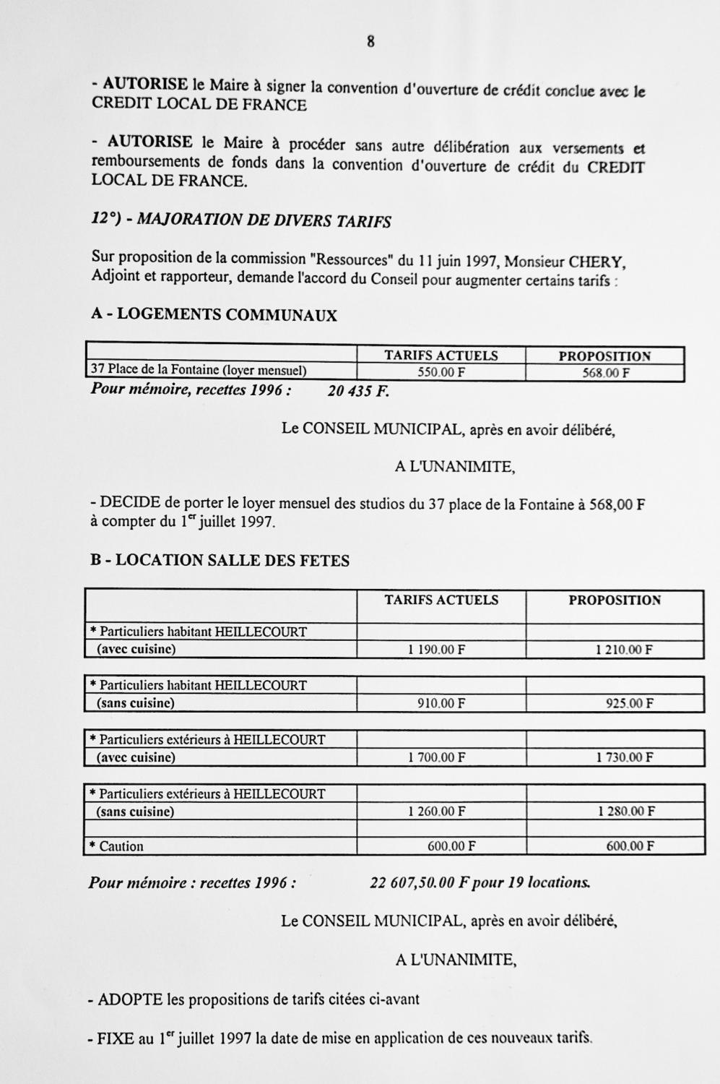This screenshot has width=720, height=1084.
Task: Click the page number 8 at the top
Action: [x=370, y=41]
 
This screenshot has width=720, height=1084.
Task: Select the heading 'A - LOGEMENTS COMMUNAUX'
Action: [x=214, y=315]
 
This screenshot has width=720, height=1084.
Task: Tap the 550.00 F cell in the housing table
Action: [x=441, y=372]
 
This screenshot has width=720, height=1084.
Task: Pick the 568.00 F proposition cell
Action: [x=605, y=373]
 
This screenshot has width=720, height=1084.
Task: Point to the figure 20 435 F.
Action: [x=358, y=391]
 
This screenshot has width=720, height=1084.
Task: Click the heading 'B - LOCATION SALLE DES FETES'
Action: [x=220, y=561]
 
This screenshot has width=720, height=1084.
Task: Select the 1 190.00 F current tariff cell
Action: [x=436, y=649]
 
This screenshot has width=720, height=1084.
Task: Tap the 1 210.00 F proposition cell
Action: [x=624, y=649]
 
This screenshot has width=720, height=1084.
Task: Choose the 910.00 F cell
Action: [x=441, y=702]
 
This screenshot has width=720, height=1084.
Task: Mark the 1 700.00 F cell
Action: [x=436, y=757]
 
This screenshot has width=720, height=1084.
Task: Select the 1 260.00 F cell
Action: [x=436, y=811]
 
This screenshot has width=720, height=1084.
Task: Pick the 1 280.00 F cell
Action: [x=625, y=811]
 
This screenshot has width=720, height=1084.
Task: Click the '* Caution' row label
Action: [x=116, y=846]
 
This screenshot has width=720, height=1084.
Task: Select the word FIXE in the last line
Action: [x=115, y=1039]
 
